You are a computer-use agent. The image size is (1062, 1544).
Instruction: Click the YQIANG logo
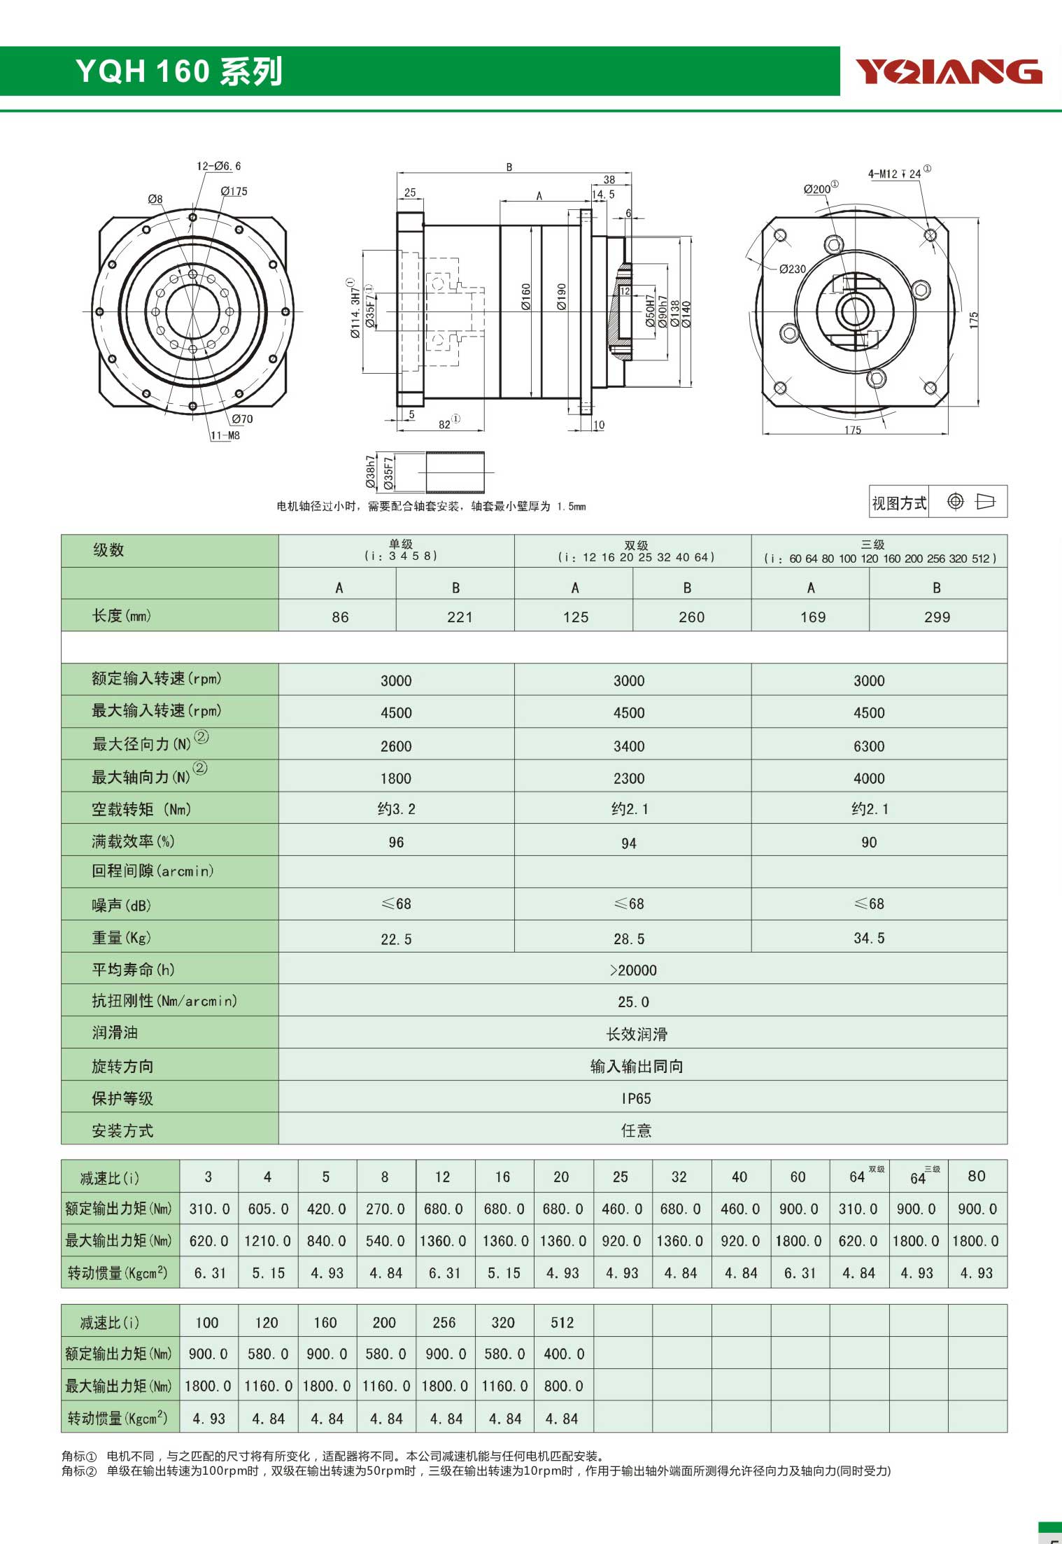(x=949, y=71)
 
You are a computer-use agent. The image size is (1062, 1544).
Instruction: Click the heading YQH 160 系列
(x=179, y=71)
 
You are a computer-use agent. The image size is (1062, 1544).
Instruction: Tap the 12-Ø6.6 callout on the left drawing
(x=218, y=166)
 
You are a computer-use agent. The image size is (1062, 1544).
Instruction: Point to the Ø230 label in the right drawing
(x=793, y=269)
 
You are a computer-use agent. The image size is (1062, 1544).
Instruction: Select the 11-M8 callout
(x=225, y=435)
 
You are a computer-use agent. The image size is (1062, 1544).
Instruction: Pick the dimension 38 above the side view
(x=609, y=180)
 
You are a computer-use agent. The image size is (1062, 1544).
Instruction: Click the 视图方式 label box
(x=899, y=503)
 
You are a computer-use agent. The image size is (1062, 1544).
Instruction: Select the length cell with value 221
(x=460, y=617)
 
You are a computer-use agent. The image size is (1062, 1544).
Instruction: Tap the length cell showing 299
(x=937, y=617)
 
